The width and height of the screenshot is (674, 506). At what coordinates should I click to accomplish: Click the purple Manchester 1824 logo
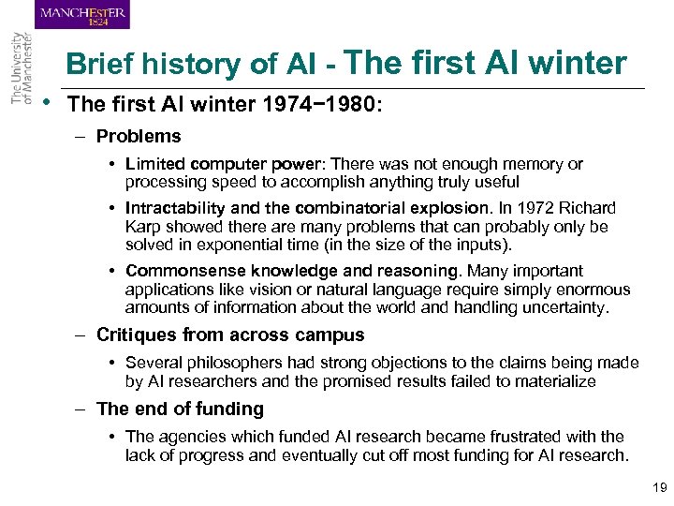click(x=83, y=15)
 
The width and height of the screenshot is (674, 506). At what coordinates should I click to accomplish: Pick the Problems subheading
click(x=139, y=137)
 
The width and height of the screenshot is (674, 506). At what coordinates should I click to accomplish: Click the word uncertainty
click(x=560, y=307)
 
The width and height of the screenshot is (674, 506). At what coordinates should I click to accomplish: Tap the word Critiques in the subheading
click(x=137, y=335)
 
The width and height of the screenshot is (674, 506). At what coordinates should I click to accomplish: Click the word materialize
click(x=551, y=380)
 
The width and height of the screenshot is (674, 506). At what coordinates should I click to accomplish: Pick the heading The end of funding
click(x=180, y=409)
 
